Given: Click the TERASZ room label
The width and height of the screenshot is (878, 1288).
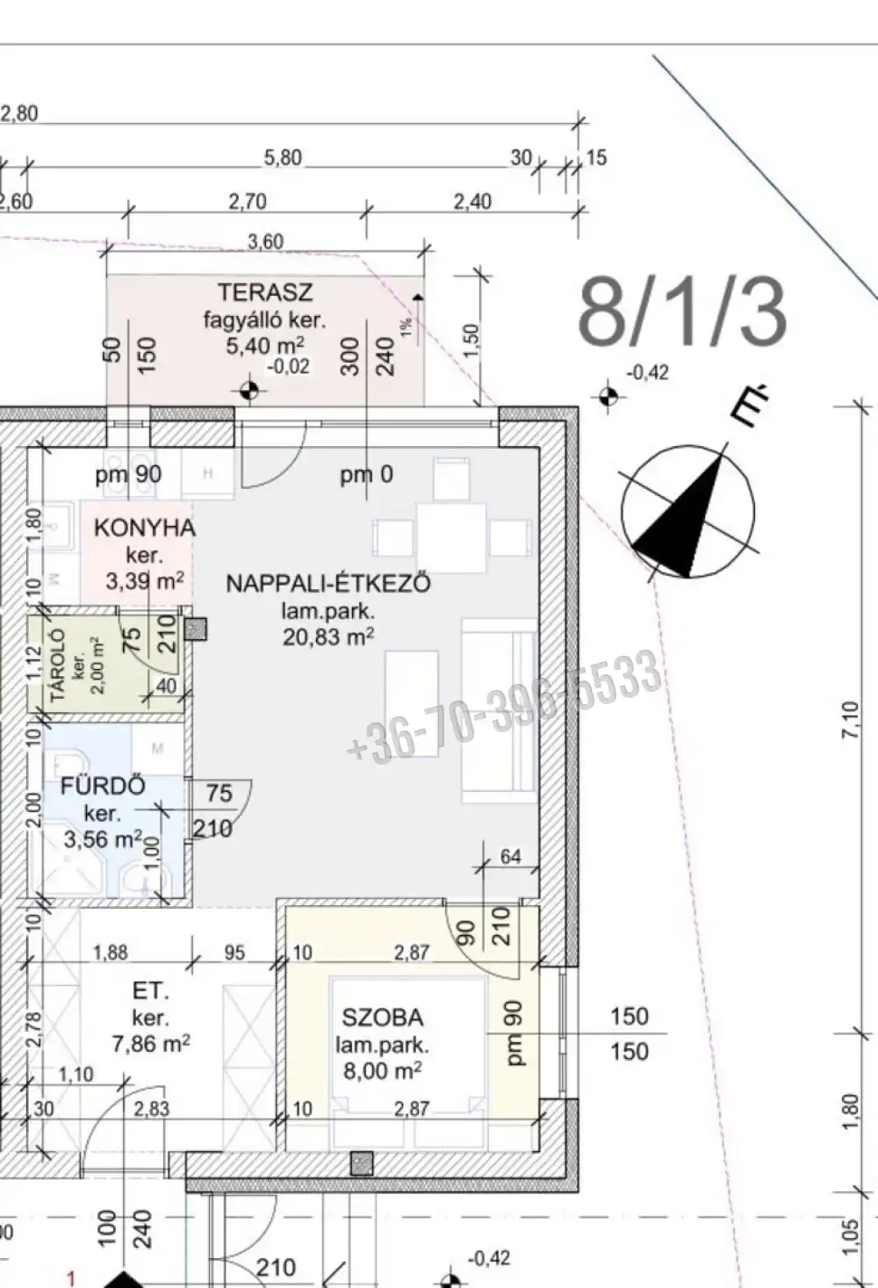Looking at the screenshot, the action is pyautogui.click(x=265, y=292).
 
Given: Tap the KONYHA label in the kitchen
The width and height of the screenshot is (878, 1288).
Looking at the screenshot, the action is pyautogui.click(x=144, y=528).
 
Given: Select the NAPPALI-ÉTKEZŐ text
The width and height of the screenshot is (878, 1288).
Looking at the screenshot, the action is pyautogui.click(x=327, y=584).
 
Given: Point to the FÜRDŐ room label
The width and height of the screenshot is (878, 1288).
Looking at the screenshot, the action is pyautogui.click(x=103, y=786).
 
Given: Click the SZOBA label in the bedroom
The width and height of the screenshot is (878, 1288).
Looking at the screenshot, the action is pyautogui.click(x=382, y=1018).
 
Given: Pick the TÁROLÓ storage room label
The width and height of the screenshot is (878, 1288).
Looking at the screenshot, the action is pyautogui.click(x=59, y=664).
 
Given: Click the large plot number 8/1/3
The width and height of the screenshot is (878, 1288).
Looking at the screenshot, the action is pyautogui.click(x=682, y=311).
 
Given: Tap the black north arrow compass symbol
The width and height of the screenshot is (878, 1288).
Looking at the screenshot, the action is pyautogui.click(x=688, y=511).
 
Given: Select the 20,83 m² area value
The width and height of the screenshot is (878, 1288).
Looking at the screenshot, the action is pyautogui.click(x=328, y=637).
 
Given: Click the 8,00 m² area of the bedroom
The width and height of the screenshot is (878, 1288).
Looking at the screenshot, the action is pyautogui.click(x=382, y=1070).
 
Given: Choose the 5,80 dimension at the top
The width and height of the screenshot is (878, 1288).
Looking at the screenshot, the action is pyautogui.click(x=283, y=157).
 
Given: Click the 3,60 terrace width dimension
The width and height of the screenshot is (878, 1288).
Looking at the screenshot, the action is pyautogui.click(x=266, y=241).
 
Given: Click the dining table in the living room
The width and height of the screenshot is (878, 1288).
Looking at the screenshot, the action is pyautogui.click(x=450, y=537).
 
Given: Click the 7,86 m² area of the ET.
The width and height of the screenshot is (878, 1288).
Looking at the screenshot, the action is pyautogui.click(x=151, y=1043).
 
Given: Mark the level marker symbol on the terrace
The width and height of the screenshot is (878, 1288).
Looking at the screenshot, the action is pyautogui.click(x=249, y=391).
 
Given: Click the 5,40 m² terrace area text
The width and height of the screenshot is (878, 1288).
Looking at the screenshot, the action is pyautogui.click(x=265, y=346).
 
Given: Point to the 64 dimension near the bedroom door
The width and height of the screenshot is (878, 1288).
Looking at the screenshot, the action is pyautogui.click(x=511, y=856).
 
